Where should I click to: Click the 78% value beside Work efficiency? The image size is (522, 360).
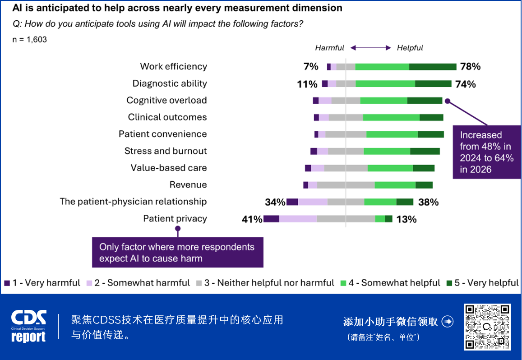pos(470,67)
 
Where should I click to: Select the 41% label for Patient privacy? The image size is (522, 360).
pos(252,219)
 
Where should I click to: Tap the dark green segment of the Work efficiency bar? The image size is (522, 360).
pos(433,67)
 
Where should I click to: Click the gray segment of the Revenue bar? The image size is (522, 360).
pos(346,185)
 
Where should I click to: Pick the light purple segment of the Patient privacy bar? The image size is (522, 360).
pos(298,219)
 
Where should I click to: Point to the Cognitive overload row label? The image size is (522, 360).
pos(166,100)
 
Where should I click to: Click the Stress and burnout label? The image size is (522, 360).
pos(166,151)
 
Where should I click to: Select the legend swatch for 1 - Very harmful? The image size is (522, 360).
pos(7,283)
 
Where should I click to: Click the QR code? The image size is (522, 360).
pos(487,327)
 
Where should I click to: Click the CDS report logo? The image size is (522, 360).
pos(28,326)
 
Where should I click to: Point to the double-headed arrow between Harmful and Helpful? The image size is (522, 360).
pos(370,48)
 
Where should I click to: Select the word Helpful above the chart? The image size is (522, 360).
pos(410,48)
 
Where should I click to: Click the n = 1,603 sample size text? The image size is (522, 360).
pos(29,40)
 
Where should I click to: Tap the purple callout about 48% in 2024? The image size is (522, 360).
pos(486,152)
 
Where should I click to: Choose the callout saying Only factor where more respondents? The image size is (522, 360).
pos(177,253)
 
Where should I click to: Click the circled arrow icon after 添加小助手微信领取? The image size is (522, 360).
pos(448,321)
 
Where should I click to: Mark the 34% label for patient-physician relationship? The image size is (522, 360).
pos(275,202)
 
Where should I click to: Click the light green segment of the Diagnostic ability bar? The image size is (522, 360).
pos(385,83)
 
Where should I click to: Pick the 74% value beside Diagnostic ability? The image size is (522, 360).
pos(465,84)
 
